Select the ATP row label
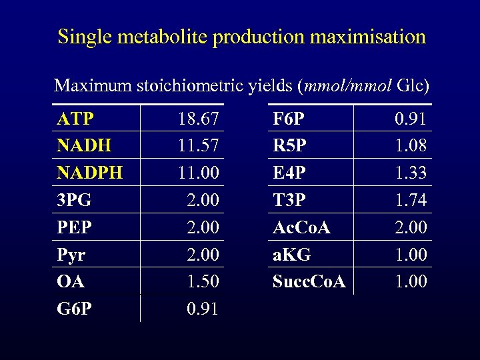pos(75,119)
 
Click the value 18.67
pos(199,119)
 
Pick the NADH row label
pos(84,146)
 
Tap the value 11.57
pos(199,146)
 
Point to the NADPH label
pos(90,173)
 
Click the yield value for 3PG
pos(203,200)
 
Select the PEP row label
pos(75,227)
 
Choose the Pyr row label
pos(72,255)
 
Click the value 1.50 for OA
pos(203,281)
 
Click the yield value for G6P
pos(203,309)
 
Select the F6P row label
pos(289,119)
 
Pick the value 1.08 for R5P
pos(411,146)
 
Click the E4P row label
pos(289,173)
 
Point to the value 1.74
pos(411,200)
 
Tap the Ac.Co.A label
pos(302,227)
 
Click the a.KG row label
pos(292,255)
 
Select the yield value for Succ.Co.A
pos(411,281)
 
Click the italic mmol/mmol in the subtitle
pos(349,86)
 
